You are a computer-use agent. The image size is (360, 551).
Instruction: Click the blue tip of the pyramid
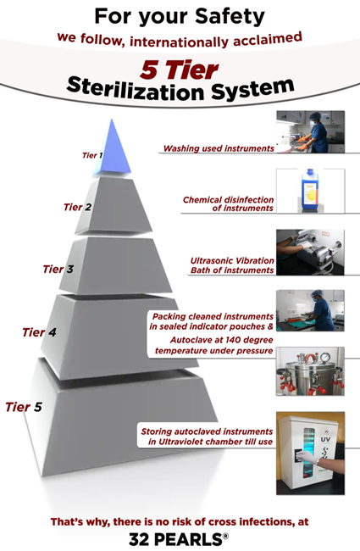pos(112,149)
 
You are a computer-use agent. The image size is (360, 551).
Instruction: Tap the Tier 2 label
pos(77,208)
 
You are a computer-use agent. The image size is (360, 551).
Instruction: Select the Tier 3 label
pos(58,270)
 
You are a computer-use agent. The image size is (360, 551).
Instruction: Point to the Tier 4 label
pos(39,332)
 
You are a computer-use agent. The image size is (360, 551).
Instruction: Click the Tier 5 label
pos(24,407)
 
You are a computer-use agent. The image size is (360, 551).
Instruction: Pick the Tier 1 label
pos(92,155)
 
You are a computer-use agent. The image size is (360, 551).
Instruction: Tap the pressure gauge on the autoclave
pos(325,357)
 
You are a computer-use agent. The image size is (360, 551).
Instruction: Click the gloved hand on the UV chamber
pos(307,458)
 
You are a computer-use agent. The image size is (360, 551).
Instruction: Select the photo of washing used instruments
pos(311,131)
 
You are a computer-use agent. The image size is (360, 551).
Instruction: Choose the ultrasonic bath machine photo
pos(310,252)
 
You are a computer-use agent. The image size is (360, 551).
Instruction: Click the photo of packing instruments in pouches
pos(310,310)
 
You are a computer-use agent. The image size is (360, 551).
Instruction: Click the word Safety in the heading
pos(230,16)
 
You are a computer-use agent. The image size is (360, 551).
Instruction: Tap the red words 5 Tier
pos(179,70)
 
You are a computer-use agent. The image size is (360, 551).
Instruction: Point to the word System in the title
pos(253,89)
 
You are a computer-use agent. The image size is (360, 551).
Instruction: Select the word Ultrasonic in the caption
pos(209,261)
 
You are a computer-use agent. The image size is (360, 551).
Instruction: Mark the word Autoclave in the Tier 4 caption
pos(189,340)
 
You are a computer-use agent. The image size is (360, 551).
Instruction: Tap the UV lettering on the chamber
pos(325,440)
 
